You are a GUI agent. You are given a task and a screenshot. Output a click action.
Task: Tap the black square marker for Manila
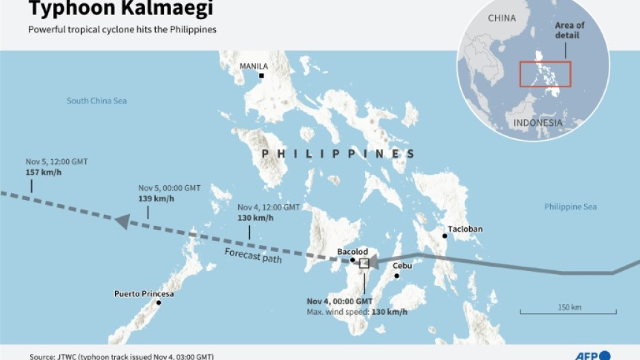[x=261, y=76]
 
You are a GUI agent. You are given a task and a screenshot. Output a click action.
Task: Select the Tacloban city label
[x=465, y=229]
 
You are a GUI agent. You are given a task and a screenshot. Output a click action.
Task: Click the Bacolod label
[x=353, y=252]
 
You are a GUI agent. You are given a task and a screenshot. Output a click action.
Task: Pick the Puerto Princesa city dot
[x=159, y=302]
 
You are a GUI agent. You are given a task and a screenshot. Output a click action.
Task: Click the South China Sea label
[x=97, y=101]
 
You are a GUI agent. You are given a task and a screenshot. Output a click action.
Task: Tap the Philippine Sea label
[x=571, y=206]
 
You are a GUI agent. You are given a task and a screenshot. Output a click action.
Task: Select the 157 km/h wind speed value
[x=44, y=171]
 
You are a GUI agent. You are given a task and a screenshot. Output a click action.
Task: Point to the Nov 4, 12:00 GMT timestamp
[x=268, y=207]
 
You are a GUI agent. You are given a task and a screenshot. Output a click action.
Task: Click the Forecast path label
[x=253, y=256]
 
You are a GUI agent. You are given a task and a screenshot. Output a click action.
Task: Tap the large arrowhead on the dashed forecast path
[x=122, y=221]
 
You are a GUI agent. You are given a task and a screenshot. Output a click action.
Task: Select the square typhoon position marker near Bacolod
[x=364, y=263]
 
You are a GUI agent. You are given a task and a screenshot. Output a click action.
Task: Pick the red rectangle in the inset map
[x=545, y=73]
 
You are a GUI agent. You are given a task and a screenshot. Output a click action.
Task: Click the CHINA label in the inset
[x=502, y=18]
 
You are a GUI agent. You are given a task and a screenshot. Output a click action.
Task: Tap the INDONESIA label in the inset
[x=538, y=122]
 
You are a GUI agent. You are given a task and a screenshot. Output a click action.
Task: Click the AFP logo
[x=592, y=355]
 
